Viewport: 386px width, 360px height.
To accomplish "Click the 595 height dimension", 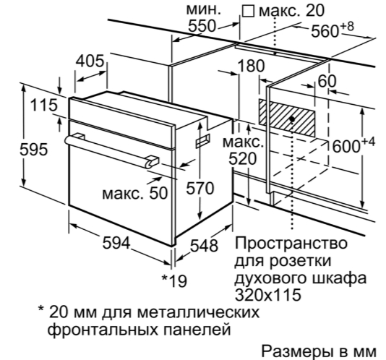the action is tap(33, 150).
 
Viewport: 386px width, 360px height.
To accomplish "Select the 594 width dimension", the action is tap(116, 243).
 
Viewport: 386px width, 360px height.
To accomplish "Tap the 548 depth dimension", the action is tap(205, 246).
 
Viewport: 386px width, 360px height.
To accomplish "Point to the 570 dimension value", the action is tap(200, 189).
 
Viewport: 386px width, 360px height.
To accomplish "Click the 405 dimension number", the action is tap(90, 61).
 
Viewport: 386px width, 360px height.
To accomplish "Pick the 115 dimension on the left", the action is tap(44, 105).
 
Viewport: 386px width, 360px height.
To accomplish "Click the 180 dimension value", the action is tap(251, 66).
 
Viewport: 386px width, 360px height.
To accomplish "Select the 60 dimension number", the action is tap(327, 81).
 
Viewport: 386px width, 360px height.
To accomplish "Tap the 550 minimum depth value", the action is tap(202, 26).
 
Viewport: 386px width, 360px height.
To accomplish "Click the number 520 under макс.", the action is tap(242, 159).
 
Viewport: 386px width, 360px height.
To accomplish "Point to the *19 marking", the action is tap(174, 281).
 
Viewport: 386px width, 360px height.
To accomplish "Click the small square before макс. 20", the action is tap(248, 12).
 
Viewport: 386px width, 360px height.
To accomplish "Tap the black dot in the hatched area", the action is tap(292, 119).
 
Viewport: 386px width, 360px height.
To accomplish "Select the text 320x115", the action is tap(268, 294).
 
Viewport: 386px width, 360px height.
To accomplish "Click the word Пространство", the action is tap(291, 243).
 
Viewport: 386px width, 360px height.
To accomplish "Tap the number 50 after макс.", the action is tap(158, 193).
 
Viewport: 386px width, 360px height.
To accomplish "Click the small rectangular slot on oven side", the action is tap(203, 141).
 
